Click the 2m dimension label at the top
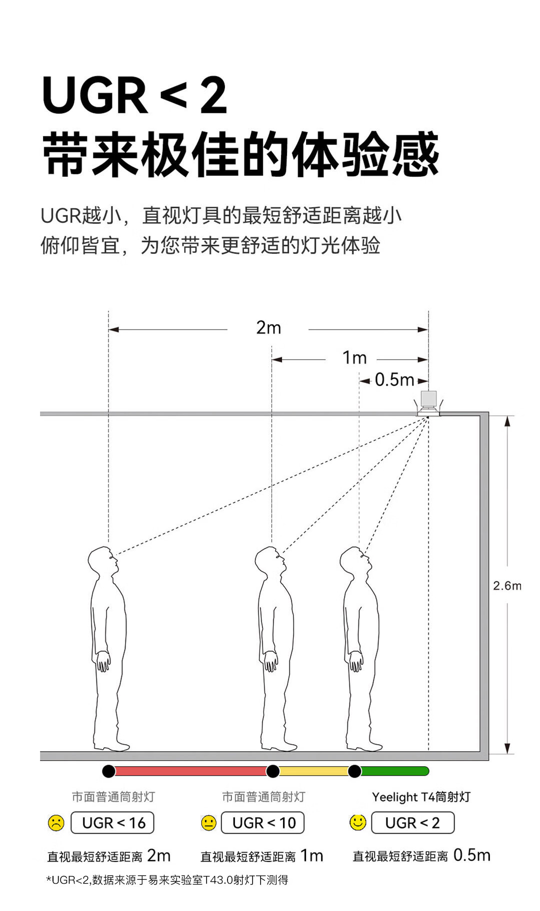pyautogui.click(x=268, y=328)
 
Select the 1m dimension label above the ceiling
pyautogui.click(x=354, y=358)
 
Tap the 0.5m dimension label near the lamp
pyautogui.click(x=394, y=380)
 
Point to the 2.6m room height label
pyautogui.click(x=507, y=585)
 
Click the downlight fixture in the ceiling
pyautogui.click(x=428, y=403)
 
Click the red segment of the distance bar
pyautogui.click(x=190, y=771)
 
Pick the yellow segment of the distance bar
pyautogui.click(x=313, y=771)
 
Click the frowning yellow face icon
pyautogui.click(x=56, y=823)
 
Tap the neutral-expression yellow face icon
pyautogui.click(x=208, y=823)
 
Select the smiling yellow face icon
pyautogui.click(x=358, y=822)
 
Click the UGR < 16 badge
pyautogui.click(x=112, y=823)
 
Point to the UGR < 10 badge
pyautogui.click(x=263, y=823)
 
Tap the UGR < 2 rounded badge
pyautogui.click(x=413, y=823)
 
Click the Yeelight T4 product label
pyautogui.click(x=421, y=797)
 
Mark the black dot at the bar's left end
pyautogui.click(x=108, y=771)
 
